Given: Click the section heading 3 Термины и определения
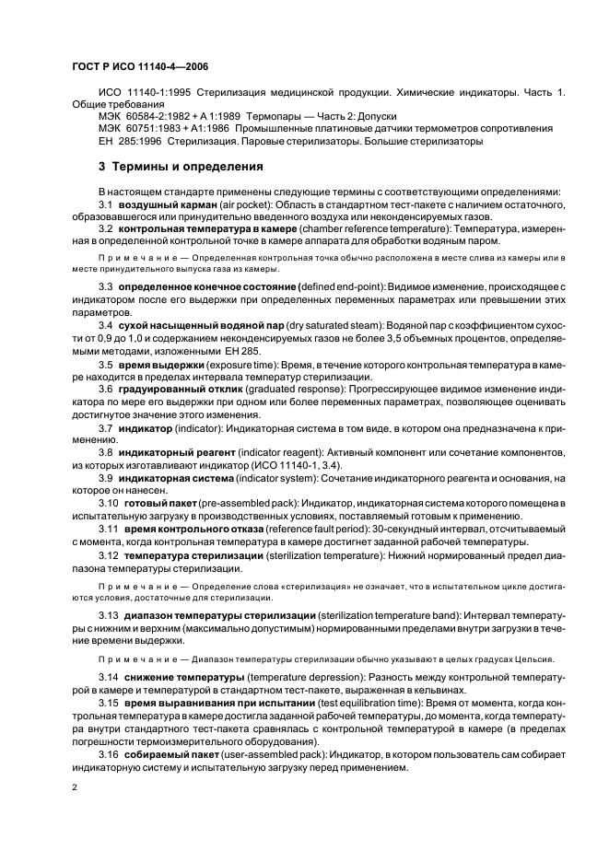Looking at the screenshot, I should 180,168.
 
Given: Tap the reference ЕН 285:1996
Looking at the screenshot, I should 126,142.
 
